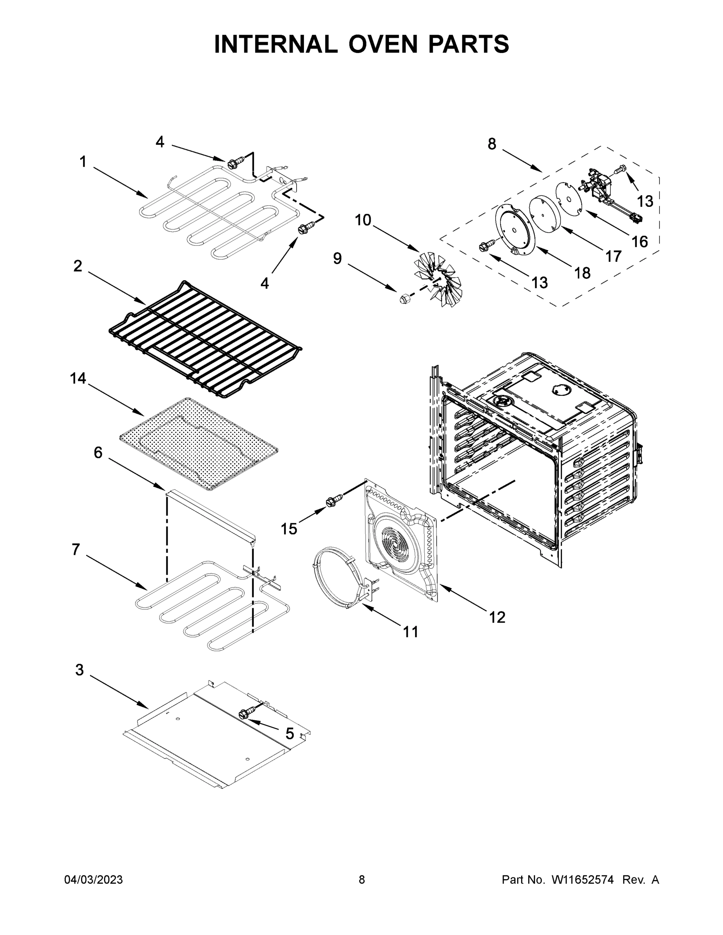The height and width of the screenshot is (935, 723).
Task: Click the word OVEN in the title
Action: point(382,44)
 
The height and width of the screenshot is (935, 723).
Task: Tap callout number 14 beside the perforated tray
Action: point(78,378)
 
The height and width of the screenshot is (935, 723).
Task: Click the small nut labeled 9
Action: point(403,299)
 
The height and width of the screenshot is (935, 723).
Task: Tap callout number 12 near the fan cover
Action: point(497,617)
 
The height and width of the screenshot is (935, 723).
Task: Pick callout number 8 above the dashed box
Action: point(492,144)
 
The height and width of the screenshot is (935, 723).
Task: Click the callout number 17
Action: point(613,256)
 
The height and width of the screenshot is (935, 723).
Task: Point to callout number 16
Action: point(640,242)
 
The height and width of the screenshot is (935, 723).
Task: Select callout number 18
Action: point(582,273)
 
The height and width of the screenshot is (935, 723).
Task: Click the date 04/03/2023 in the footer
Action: point(94,880)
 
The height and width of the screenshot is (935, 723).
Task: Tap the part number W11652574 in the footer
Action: point(583,880)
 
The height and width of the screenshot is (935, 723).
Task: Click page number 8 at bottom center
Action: point(362,880)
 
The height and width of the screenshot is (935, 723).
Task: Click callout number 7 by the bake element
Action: point(76,549)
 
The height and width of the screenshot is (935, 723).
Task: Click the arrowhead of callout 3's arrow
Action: point(147,707)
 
